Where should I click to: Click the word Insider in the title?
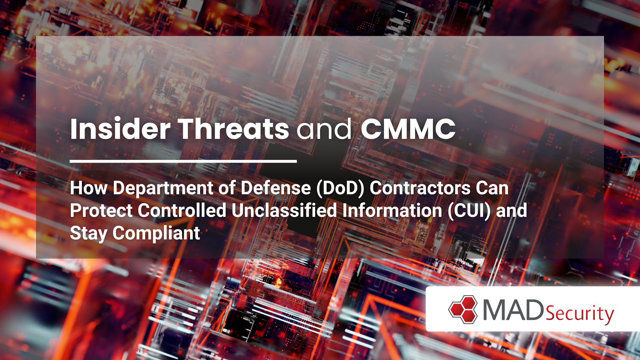[x=120, y=129]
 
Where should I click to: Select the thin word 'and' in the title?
[x=324, y=129]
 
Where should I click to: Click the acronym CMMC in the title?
[x=408, y=129]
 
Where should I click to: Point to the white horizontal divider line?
[x=183, y=161]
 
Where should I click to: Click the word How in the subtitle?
[x=89, y=188]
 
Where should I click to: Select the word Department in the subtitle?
[x=163, y=188]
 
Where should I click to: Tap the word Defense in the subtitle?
[x=276, y=188]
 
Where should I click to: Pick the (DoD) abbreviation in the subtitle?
[x=340, y=188]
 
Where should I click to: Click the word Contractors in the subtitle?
[x=420, y=188]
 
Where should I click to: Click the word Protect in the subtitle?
[x=101, y=211]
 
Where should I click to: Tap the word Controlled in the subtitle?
[x=182, y=211]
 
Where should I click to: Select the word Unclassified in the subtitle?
[x=284, y=211]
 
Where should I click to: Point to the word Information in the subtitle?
[x=392, y=211]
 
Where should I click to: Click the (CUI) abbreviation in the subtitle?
[x=469, y=211]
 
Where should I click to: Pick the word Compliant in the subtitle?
[x=156, y=233]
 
